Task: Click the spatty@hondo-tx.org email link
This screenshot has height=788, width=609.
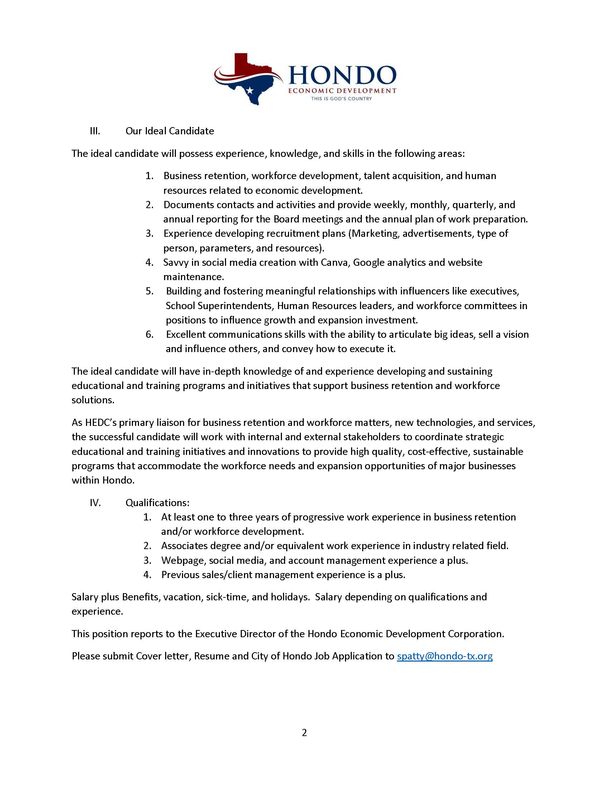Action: [x=445, y=656]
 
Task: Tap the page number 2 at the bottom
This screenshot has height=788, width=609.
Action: [x=304, y=733]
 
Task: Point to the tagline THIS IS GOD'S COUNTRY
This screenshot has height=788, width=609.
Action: [x=341, y=98]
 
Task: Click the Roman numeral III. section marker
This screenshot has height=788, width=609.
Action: [x=95, y=131]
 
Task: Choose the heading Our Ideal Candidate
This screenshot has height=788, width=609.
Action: [x=169, y=131]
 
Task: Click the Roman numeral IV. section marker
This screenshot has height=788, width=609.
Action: [x=95, y=503]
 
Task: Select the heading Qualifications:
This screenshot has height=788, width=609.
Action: [x=157, y=503]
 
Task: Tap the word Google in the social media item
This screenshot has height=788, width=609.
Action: [x=368, y=263]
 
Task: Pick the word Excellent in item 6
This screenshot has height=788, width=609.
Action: [x=186, y=335]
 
